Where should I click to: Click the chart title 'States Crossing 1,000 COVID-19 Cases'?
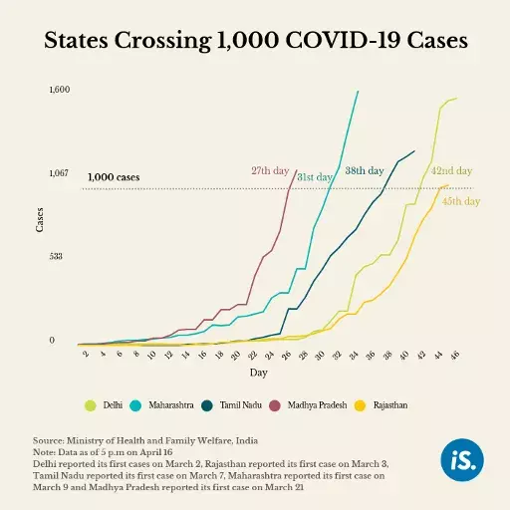click(x=255, y=41)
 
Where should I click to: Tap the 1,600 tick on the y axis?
click(x=59, y=90)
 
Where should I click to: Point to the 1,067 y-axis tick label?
click(x=59, y=173)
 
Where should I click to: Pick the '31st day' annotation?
click(x=315, y=177)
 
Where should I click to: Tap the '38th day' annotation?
click(x=365, y=171)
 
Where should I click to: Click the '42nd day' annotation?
click(x=451, y=170)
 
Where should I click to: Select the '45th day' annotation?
click(x=460, y=200)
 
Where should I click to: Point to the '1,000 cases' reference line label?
click(x=114, y=178)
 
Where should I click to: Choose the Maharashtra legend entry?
click(x=166, y=405)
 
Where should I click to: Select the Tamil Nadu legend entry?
click(x=237, y=405)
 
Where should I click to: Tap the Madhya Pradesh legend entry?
click(x=314, y=405)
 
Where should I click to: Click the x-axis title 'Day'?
click(x=258, y=373)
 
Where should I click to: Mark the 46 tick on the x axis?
click(x=455, y=355)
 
